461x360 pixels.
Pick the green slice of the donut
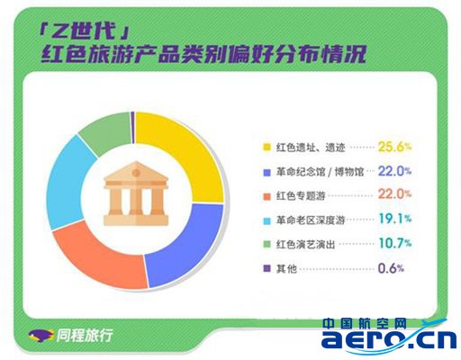106,132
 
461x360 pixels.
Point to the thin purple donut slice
132,128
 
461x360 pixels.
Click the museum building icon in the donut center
136,193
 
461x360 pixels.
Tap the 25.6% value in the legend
394,147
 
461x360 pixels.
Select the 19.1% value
395,219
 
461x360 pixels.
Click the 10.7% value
395,243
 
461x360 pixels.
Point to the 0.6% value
391,268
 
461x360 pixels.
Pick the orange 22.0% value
394,194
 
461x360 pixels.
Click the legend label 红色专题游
301,196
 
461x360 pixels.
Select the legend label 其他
286,268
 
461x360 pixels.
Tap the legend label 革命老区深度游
311,220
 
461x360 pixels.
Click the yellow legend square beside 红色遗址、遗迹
267,148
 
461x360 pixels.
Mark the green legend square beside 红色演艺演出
267,244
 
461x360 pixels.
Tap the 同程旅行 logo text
85,335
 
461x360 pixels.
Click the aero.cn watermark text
389,339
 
